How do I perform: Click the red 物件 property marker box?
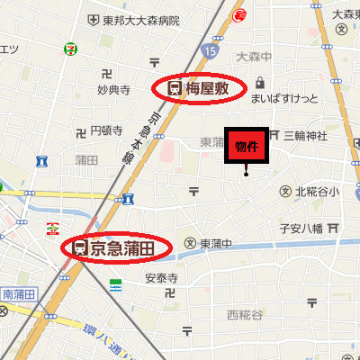[x=246, y=147]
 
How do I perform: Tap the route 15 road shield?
[x=210, y=49]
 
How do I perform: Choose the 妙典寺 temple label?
[x=113, y=90]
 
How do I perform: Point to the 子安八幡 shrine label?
[x=301, y=229]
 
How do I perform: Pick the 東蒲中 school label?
[x=216, y=243]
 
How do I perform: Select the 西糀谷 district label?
[x=245, y=314]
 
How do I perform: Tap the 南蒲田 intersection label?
[x=17, y=292]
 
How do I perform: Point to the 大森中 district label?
[x=254, y=57]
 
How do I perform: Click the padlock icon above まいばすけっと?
[x=259, y=81]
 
